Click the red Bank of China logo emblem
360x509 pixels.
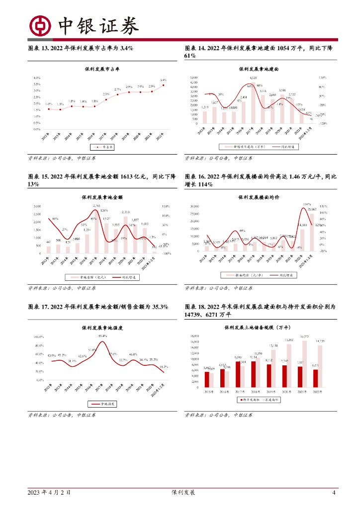(40, 25)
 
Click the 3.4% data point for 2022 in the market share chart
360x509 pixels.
(164, 85)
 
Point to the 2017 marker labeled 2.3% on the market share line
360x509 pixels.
(106, 98)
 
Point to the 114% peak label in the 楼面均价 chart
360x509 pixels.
(307, 204)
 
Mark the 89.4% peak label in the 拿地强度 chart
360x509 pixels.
(103, 337)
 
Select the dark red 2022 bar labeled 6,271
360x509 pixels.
(315, 378)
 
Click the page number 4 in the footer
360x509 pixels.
(334, 493)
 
